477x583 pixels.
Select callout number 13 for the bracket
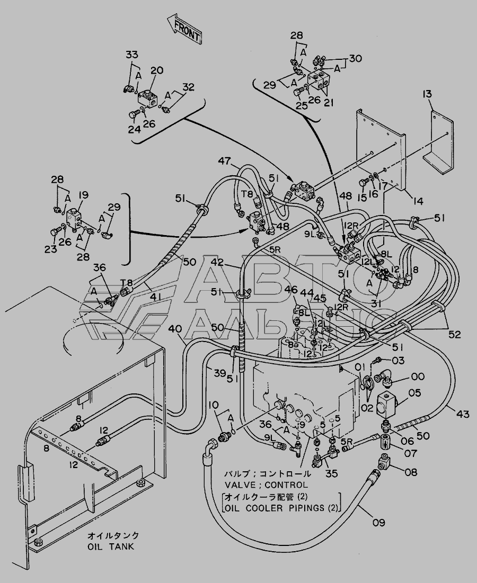(427, 95)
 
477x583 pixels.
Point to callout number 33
(131, 55)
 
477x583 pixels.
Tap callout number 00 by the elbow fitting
(418, 376)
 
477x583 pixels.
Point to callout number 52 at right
(455, 334)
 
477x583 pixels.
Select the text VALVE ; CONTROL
(266, 485)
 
